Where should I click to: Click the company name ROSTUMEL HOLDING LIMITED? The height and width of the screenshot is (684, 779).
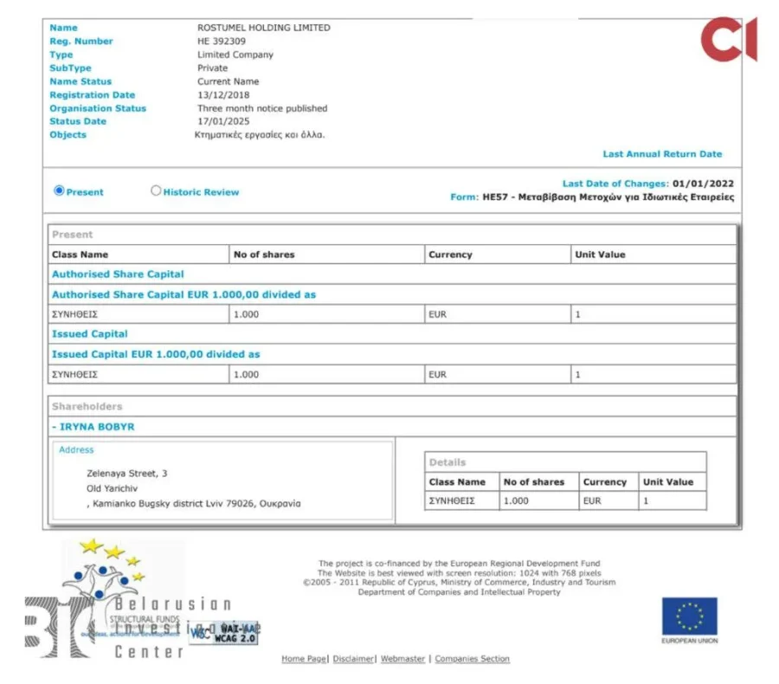pos(263,28)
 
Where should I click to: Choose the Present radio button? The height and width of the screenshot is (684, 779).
pos(60,191)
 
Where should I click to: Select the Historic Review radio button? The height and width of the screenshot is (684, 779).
pos(157,191)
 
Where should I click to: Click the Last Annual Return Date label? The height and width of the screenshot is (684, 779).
pos(662,154)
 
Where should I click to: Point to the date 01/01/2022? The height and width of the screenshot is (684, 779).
pos(704,184)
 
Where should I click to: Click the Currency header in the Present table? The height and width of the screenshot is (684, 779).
pos(450,255)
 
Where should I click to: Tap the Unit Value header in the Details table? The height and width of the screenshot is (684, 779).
pos(667,482)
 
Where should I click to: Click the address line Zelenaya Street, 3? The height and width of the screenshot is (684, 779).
pos(127,474)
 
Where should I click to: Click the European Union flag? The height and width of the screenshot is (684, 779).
pos(690,616)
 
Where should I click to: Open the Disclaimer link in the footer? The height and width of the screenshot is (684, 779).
pos(353,659)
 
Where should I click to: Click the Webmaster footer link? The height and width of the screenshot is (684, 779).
pos(402,659)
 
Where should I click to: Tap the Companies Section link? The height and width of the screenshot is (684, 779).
pos(472,659)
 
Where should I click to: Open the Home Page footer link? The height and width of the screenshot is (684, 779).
pos(304,659)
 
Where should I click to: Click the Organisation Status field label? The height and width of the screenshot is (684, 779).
pos(98,108)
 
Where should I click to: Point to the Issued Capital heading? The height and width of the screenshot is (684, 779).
pos(90,334)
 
